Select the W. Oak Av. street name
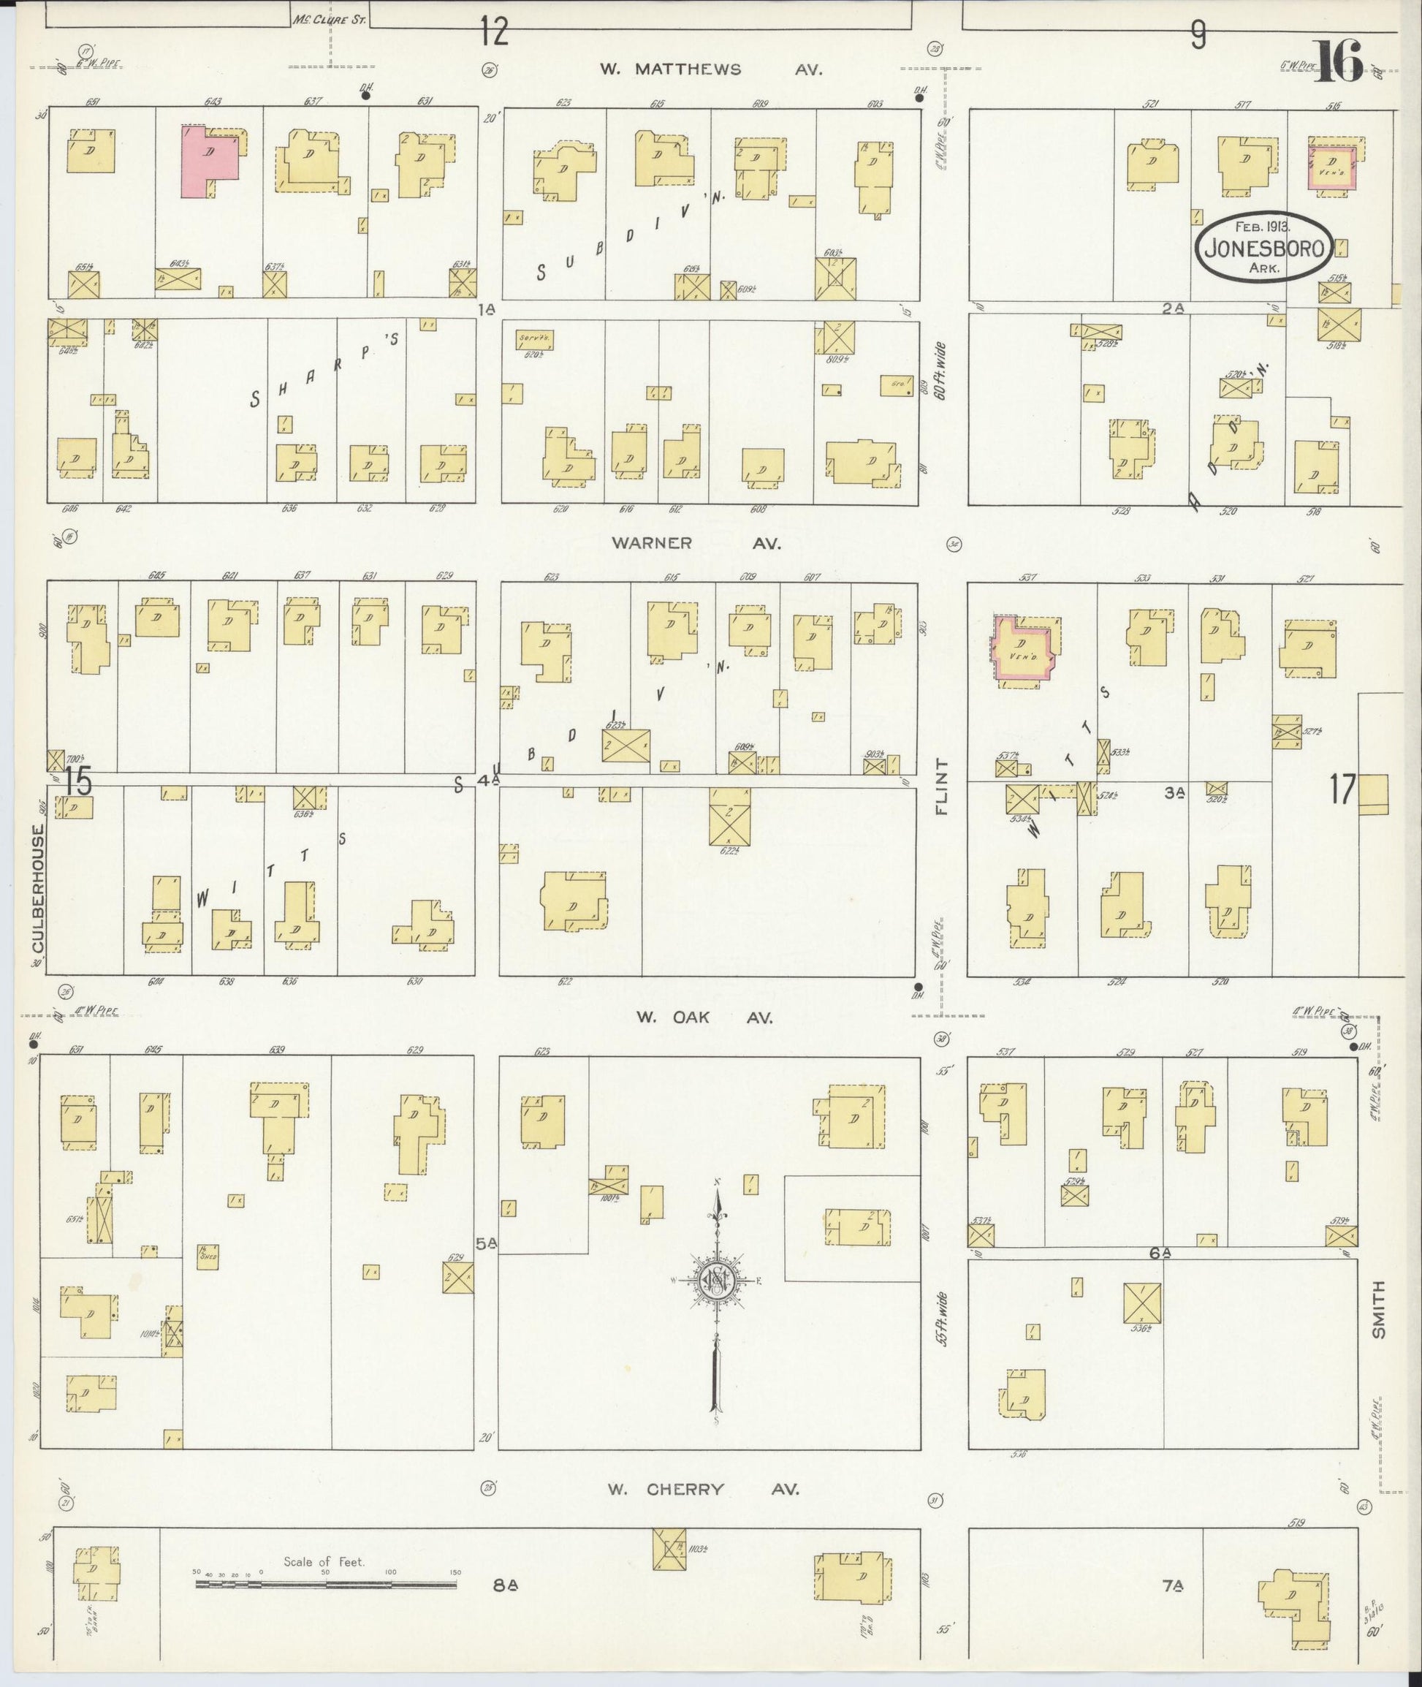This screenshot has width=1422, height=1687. click(704, 1017)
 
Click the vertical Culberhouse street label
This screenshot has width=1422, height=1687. click(38, 888)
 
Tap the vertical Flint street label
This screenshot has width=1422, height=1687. click(942, 786)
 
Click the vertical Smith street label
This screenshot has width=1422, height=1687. click(1378, 1310)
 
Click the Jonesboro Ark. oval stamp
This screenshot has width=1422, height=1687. click(1263, 247)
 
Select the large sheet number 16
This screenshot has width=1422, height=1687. click(1339, 62)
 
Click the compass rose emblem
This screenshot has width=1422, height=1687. click(717, 1281)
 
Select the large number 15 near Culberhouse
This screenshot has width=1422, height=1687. click(79, 782)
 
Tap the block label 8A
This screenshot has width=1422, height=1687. click(506, 1585)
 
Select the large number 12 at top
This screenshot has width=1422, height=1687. click(494, 33)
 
